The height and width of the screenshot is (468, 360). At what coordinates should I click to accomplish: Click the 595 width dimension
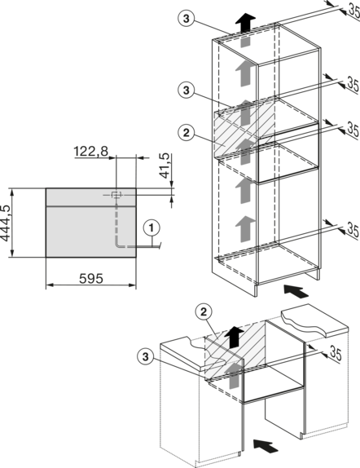pyautogui.click(x=91, y=279)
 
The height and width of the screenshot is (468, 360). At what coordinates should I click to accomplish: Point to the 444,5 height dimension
pyautogui.click(x=6, y=223)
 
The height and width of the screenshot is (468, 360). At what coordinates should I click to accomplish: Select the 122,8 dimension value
pyautogui.click(x=91, y=152)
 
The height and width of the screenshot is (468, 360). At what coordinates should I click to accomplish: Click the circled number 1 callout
pyautogui.click(x=151, y=228)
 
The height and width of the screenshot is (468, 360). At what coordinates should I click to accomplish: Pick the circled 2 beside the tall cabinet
pyautogui.click(x=187, y=133)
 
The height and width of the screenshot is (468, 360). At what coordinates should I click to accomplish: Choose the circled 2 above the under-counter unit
pyautogui.click(x=204, y=312)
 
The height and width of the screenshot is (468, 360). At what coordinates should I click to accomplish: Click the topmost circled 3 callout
pyautogui.click(x=187, y=19)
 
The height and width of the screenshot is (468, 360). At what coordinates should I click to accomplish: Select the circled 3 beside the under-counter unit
pyautogui.click(x=145, y=356)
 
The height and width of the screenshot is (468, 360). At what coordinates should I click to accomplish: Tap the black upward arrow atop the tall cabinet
pyautogui.click(x=245, y=22)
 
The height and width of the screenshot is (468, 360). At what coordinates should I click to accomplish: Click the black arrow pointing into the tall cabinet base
pyautogui.click(x=296, y=291)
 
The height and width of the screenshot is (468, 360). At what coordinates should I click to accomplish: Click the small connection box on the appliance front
pyautogui.click(x=116, y=195)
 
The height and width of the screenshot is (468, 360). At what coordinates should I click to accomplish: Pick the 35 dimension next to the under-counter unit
pyautogui.click(x=336, y=354)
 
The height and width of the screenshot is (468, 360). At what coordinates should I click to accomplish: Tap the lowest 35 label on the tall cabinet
pyautogui.click(x=353, y=230)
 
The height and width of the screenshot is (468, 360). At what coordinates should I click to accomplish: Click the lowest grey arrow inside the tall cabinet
pyautogui.click(x=245, y=228)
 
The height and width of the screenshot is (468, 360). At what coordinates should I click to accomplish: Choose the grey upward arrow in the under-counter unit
pyautogui.click(x=234, y=375)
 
